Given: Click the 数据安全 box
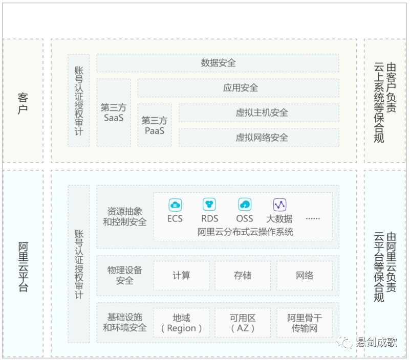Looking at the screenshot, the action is (218, 63).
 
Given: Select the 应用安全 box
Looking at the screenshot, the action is (239, 88).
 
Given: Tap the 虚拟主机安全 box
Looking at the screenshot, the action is (259, 113).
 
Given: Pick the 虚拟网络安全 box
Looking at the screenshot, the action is (259, 138).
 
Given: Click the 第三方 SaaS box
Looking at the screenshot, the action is (114, 113).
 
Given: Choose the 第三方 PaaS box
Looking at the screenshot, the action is (155, 125).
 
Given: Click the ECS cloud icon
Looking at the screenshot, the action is (175, 205).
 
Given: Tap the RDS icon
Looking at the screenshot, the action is (209, 205).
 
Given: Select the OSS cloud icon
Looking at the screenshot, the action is (245, 205).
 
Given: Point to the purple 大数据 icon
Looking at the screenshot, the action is (279, 205).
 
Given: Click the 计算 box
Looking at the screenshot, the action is (182, 275).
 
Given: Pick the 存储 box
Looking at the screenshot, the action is (243, 275).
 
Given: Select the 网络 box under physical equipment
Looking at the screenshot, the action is (305, 275).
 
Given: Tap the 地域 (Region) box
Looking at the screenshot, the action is (182, 323).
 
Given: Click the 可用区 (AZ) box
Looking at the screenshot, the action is (243, 323).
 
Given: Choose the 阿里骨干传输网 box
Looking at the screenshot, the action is (305, 323).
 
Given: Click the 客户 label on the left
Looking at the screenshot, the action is (23, 103).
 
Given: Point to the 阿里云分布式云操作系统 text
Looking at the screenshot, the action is (245, 232).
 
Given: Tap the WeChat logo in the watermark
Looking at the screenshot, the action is (344, 342).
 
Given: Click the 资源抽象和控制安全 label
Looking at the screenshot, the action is (125, 217).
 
